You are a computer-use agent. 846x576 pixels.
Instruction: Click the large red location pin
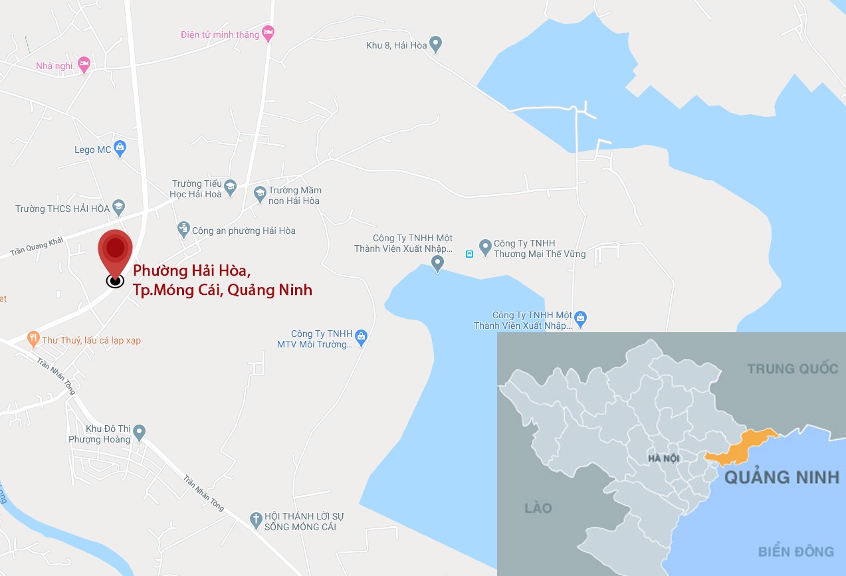coord(116,251)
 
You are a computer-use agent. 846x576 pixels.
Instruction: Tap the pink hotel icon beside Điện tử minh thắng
coord(268,33)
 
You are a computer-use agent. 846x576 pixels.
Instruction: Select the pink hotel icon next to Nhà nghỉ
coord(84,64)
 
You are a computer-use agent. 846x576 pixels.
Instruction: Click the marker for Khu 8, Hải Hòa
coord(436,45)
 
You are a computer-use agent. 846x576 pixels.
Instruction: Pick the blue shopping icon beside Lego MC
coord(120,149)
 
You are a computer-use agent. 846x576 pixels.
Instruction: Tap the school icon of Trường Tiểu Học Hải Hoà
coord(231,187)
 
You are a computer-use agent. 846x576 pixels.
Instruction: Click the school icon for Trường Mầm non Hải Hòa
coord(260,194)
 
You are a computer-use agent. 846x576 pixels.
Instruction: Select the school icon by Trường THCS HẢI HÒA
coord(118,207)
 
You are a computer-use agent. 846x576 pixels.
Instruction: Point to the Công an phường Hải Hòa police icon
coord(184,230)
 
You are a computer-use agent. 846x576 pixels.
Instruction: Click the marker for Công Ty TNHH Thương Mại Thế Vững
coord(485,248)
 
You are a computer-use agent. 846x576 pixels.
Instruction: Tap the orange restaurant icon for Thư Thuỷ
coord(33,339)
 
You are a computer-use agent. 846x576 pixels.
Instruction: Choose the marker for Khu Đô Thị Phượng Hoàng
coord(139,433)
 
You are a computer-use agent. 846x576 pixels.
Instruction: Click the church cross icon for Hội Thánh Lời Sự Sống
coord(256,520)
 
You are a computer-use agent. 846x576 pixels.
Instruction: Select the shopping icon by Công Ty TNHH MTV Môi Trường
coord(361,337)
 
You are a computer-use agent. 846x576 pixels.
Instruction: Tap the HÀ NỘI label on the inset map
coord(662,459)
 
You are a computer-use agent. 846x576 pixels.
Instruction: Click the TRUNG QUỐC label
coord(792,368)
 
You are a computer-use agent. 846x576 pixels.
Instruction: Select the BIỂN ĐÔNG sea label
coord(795,551)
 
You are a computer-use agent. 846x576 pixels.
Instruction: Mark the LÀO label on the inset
coord(538,508)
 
